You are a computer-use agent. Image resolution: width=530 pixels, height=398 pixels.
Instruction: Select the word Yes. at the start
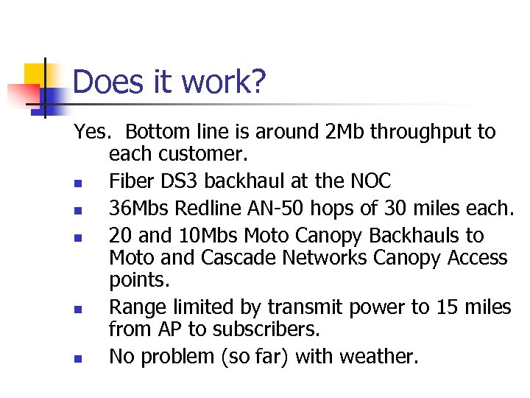(92, 133)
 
